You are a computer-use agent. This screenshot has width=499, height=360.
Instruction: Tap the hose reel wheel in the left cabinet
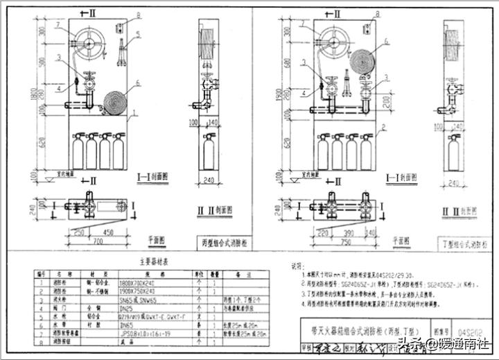pos(89,41)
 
